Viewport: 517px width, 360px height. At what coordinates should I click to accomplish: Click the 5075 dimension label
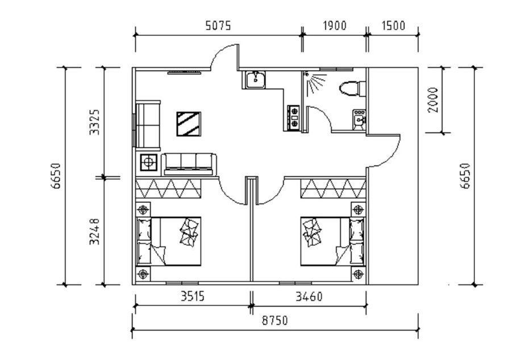pos(218,26)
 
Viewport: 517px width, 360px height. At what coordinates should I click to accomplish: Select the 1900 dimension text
pos(334,26)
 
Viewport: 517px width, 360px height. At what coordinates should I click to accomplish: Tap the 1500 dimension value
pos(393,26)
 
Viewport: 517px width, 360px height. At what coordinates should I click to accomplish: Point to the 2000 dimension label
pos(433,100)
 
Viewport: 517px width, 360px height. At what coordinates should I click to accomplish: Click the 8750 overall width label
pos(274,320)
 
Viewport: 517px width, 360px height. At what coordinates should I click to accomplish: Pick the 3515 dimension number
pos(193,296)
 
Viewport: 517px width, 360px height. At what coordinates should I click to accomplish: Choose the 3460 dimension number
pos(309,296)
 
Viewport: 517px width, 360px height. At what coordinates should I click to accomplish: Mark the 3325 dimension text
pos(95,122)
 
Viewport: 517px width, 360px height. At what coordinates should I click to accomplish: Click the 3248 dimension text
pos(95,232)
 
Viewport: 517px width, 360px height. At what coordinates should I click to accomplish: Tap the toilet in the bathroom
pos(352,89)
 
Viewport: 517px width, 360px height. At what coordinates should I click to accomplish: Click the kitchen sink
pos(255,79)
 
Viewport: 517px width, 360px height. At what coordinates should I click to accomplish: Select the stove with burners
pos(294,118)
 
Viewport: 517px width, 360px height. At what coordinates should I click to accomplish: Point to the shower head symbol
pos(307,74)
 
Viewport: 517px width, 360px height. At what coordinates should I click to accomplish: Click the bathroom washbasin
pos(358,120)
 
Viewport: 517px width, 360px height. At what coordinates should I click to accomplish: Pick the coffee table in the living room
pos(189,124)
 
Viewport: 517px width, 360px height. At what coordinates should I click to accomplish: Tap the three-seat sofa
pos(189,164)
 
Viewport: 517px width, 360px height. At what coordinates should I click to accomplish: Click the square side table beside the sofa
pos(148,162)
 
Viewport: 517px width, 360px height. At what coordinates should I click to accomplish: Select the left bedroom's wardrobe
pos(168,189)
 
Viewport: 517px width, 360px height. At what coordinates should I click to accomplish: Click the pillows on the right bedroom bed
pos(311,232)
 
